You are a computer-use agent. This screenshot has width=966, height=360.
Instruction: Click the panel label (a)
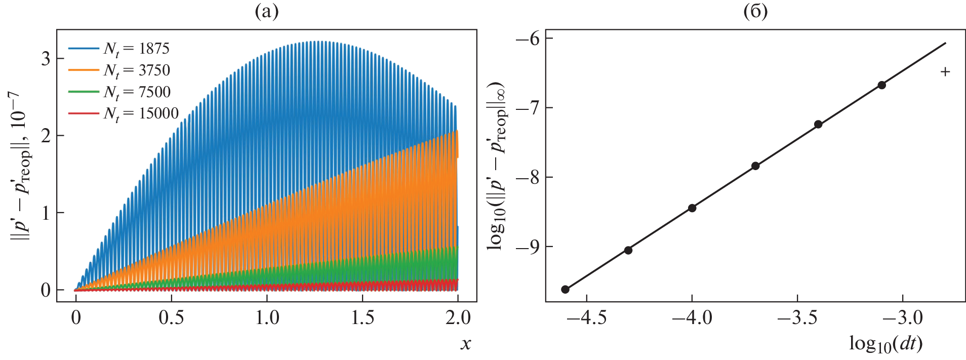click(266, 11)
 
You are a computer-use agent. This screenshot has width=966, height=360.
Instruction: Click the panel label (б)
click(755, 11)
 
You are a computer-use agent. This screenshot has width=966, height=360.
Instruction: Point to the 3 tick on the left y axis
click(46, 59)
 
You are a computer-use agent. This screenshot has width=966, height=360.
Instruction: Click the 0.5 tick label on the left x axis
click(171, 318)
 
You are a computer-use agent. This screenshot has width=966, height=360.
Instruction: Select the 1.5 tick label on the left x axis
click(363, 318)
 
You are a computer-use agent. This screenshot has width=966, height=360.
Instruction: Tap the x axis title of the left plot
click(465, 344)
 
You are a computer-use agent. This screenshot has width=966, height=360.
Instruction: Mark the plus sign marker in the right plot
click(945, 72)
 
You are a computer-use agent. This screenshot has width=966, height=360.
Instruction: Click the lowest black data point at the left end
click(565, 290)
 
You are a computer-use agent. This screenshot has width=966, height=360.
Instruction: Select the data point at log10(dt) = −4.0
click(692, 208)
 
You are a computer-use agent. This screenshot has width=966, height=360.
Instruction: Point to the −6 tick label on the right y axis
click(528, 39)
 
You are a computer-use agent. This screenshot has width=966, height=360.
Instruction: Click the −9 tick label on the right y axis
click(528, 247)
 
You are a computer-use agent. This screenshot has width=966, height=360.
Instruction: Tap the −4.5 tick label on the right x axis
click(586, 318)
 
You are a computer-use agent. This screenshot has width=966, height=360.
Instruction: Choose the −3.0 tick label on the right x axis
click(903, 318)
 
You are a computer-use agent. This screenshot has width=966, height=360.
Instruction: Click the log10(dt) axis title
click(885, 344)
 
